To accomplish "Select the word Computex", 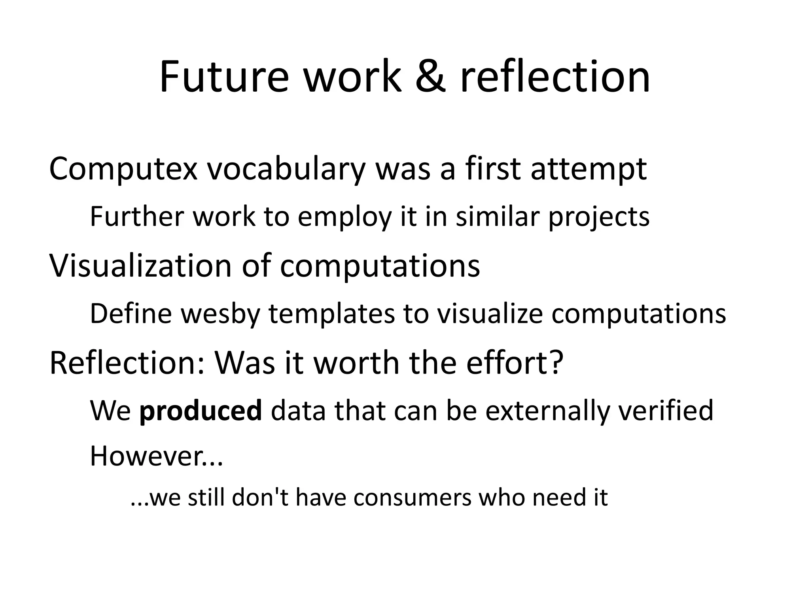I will [123, 169].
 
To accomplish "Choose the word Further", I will [137, 217].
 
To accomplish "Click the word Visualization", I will [140, 266].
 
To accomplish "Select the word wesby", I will [219, 314].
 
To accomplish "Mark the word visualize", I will [490, 314].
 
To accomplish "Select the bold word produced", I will [201, 411].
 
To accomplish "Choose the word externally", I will [548, 411].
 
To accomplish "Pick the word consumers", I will [413, 498].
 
